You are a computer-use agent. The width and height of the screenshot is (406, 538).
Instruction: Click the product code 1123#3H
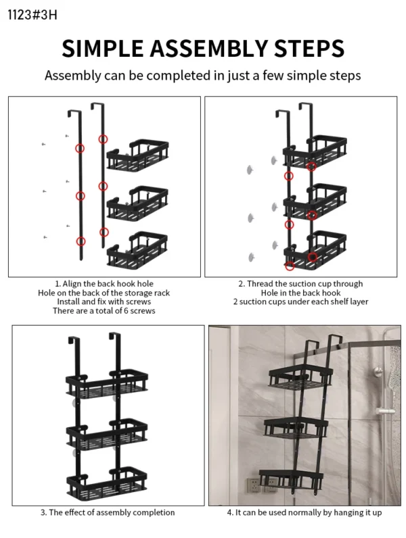click(28, 14)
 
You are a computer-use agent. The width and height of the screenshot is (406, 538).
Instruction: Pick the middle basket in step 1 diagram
click(138, 203)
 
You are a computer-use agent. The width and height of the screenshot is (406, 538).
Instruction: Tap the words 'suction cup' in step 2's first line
click(298, 284)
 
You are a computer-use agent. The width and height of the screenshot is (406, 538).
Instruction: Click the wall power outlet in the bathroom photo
click(253, 485)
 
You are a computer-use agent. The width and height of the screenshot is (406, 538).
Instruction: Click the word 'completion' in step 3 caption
click(150, 512)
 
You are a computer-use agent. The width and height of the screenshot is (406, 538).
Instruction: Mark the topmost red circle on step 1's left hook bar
click(80, 149)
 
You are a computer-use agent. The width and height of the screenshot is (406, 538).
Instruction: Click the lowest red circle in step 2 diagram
click(290, 266)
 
